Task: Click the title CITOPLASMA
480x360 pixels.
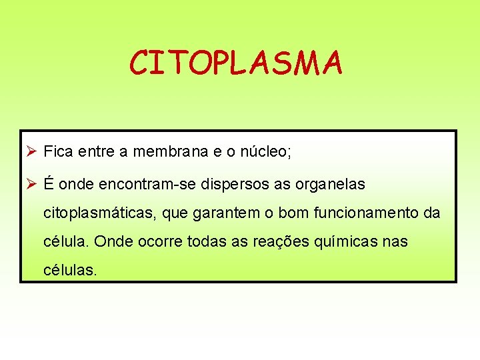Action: pos(236,63)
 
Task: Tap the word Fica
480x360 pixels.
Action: pos(57,152)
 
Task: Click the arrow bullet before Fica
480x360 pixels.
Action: pos(30,152)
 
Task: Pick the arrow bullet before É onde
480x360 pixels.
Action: pos(30,184)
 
